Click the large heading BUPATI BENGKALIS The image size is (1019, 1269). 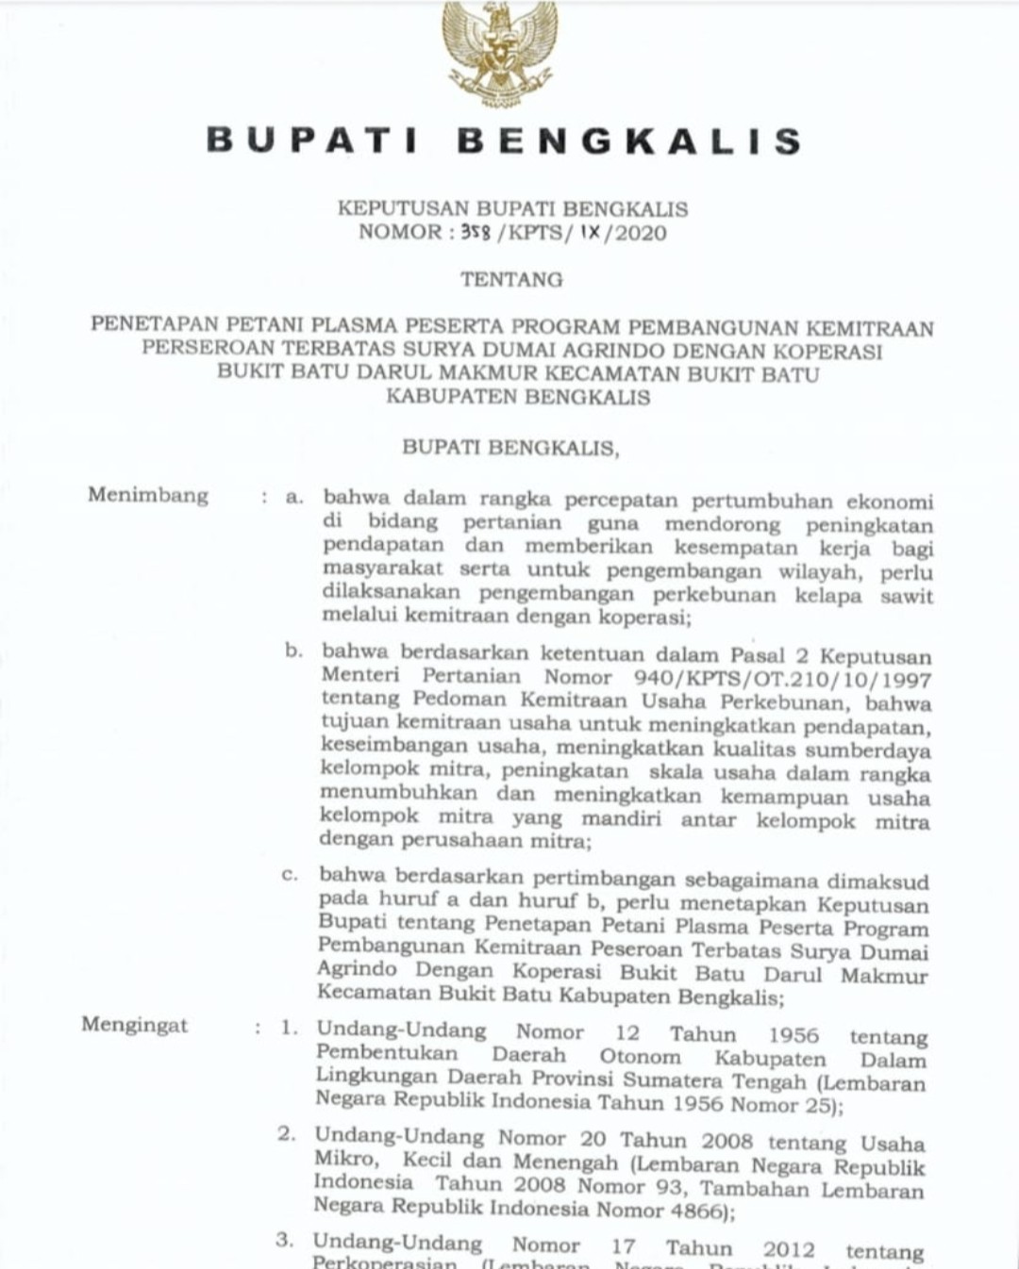tap(504, 141)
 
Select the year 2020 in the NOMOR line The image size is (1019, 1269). tap(641, 233)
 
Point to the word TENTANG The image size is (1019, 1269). tap(511, 279)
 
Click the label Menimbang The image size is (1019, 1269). tap(148, 495)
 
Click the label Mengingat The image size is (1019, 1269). tap(135, 1025)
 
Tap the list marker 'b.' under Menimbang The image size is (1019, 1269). tap(293, 651)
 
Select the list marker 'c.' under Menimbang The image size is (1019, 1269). tap(290, 875)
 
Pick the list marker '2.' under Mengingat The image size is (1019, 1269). tap(287, 1134)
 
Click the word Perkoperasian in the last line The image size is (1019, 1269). tap(384, 1263)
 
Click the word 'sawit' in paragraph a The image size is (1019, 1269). tap(906, 596)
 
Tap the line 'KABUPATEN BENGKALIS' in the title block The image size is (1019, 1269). tap(518, 397)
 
